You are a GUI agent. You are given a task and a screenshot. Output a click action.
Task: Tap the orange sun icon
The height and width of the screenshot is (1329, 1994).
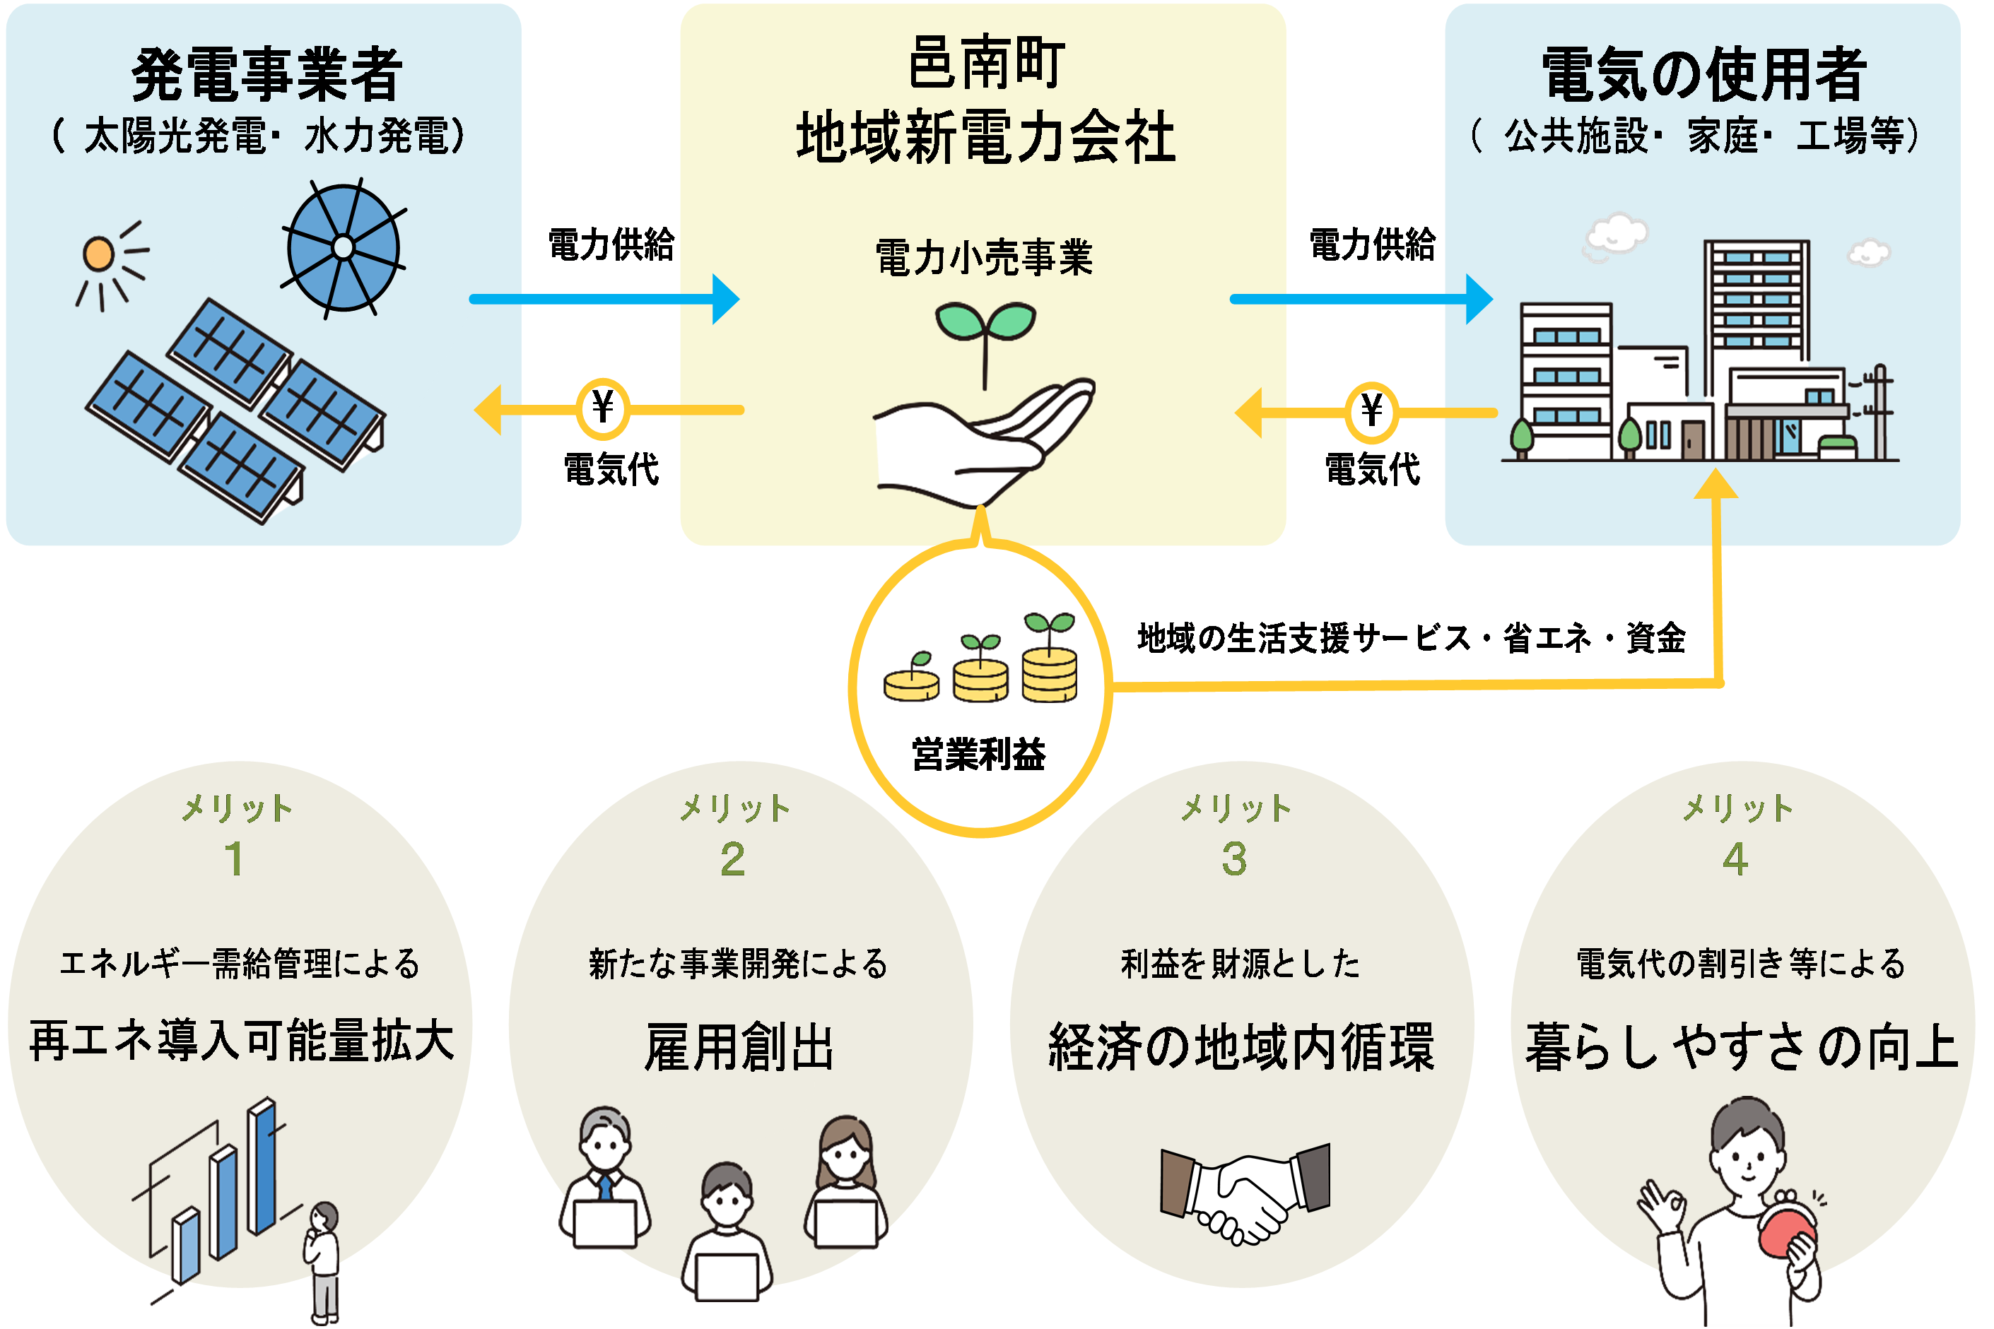click(98, 254)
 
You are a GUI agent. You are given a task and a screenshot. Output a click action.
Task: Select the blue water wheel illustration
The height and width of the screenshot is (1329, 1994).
click(344, 247)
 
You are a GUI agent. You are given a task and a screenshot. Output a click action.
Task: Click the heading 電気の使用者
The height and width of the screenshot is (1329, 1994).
click(1704, 75)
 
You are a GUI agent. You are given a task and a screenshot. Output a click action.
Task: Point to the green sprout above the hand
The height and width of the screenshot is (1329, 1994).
click(985, 335)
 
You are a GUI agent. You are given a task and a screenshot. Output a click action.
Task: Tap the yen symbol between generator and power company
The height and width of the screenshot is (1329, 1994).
click(603, 408)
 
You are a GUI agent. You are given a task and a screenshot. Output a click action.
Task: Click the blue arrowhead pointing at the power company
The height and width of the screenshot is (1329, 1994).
click(726, 299)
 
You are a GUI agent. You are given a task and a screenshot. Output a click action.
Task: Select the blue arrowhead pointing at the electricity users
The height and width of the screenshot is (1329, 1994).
click(1479, 299)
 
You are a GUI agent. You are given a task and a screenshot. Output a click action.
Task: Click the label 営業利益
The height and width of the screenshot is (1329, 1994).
click(979, 755)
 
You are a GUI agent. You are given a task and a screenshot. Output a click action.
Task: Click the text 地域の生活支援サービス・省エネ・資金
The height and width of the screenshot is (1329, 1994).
click(1412, 638)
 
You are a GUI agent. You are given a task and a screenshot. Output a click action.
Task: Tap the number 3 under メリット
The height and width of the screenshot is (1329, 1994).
click(1234, 858)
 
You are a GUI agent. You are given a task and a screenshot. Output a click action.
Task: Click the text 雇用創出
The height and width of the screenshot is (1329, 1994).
click(739, 1048)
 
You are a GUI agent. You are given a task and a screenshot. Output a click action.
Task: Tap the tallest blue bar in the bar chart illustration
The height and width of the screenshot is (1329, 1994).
click(262, 1165)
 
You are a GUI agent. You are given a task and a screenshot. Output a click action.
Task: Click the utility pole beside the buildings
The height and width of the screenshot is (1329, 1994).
click(1879, 412)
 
